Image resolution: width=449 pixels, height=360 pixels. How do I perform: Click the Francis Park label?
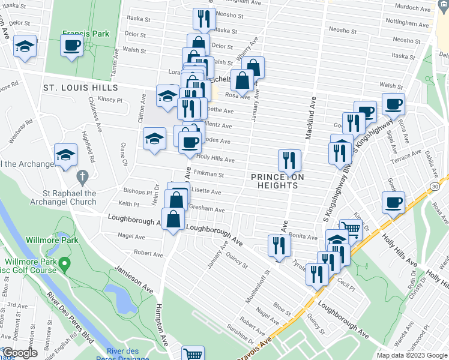[85, 34]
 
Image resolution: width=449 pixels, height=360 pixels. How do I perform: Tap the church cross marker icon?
[83, 178]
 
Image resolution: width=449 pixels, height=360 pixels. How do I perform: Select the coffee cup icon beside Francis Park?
[71, 45]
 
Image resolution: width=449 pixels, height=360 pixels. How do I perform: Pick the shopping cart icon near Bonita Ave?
[350, 228]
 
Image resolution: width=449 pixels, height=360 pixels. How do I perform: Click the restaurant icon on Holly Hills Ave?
[290, 160]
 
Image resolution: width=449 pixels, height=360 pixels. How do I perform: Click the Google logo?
[20, 353]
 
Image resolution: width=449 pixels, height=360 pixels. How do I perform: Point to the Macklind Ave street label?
[310, 118]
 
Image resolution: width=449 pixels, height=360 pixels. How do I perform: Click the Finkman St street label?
[210, 175]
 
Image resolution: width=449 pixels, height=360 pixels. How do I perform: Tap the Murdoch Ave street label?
[414, 9]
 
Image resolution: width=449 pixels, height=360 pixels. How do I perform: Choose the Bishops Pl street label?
[137, 193]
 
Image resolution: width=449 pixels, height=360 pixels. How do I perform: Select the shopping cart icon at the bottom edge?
[192, 354]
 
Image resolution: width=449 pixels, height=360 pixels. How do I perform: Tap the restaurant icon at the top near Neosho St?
[204, 19]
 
